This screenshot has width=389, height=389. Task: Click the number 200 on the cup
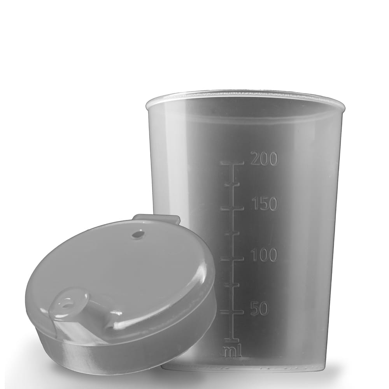click(264, 159)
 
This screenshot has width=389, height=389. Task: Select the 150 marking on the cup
click(264, 204)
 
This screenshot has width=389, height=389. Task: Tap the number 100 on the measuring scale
click(264, 255)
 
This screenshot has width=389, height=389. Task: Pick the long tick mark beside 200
click(232, 163)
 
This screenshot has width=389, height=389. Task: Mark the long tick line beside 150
click(232, 209)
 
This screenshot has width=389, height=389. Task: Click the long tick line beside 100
click(232, 259)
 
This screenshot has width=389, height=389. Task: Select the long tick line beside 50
click(232, 312)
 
